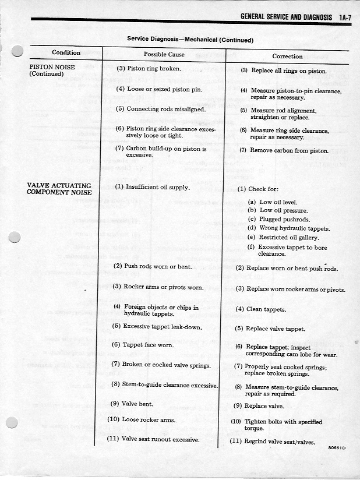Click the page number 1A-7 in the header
(x=344, y=18)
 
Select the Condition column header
(x=66, y=53)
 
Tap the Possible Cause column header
(x=164, y=54)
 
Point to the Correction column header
(x=287, y=57)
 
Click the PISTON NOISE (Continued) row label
(x=52, y=70)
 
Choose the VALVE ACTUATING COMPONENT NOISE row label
(x=59, y=189)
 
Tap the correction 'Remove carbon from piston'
(x=284, y=150)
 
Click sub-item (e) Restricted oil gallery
(x=284, y=237)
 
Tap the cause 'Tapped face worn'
(x=142, y=344)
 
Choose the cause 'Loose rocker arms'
(x=141, y=419)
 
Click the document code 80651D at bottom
(x=337, y=447)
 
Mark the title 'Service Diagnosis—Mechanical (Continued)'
(x=190, y=40)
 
